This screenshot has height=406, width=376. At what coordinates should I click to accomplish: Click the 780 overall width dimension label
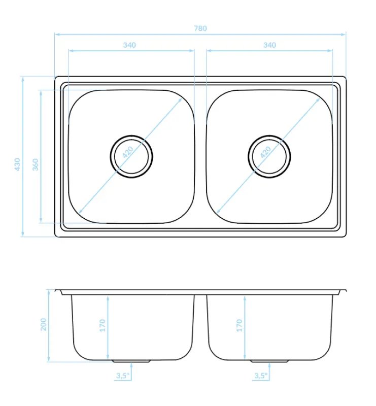[200, 28]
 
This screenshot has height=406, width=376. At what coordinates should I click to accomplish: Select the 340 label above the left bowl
[129, 45]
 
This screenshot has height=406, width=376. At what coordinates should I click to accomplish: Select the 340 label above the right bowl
[269, 45]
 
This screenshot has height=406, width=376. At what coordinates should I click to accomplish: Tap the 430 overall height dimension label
[17, 164]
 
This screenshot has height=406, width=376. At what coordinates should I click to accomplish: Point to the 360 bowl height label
[36, 164]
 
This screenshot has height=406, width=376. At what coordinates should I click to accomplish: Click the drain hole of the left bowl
[131, 156]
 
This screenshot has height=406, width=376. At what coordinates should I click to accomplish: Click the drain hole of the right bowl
[269, 156]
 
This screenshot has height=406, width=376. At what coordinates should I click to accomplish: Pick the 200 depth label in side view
[43, 324]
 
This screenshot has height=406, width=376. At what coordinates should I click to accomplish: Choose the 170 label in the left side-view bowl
[102, 325]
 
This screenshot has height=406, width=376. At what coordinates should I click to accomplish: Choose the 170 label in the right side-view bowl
[240, 325]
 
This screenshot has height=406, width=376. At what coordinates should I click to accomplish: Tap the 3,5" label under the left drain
[123, 376]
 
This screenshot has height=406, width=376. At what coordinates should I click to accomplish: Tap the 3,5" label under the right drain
[260, 376]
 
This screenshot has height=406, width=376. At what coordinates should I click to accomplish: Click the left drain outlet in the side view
[131, 361]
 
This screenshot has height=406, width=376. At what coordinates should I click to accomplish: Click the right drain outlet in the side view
[269, 361]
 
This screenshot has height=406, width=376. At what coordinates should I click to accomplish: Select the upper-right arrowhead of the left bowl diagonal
[181, 99]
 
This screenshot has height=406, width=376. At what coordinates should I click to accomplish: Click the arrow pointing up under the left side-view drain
[131, 365]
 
